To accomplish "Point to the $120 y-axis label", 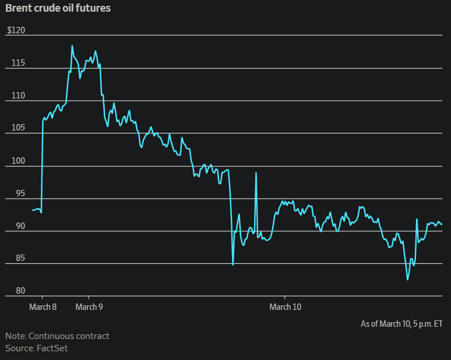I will point(16,30).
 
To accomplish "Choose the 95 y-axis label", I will point(13,193).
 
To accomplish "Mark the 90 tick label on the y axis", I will point(13,225).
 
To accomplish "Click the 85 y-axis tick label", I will point(13,258).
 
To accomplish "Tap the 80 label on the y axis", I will point(13,291).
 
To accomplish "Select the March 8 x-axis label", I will point(43,306).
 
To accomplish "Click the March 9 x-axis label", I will point(89,306).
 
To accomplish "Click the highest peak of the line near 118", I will point(72,46).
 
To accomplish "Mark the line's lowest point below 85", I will point(408,280).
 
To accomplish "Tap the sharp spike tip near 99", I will point(256,173).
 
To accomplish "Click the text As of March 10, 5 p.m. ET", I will point(401,323).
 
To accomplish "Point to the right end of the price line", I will point(442,224).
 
